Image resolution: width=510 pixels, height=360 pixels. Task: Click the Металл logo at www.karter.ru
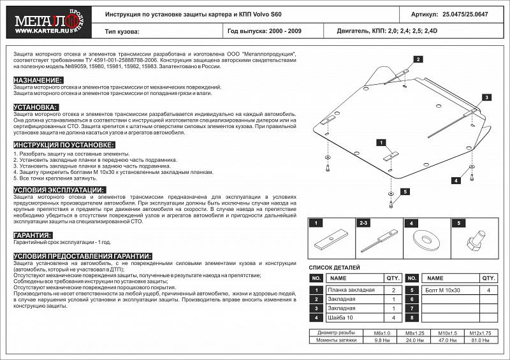click(43, 22)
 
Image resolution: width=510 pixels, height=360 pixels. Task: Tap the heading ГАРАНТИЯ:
click(34, 235)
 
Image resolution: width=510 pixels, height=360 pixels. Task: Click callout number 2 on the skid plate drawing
click(418, 59)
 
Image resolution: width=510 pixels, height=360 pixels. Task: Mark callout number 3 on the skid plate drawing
click(485, 97)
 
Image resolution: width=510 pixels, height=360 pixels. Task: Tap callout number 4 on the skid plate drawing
click(456, 181)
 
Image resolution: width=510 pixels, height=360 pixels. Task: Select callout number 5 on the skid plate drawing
click(404, 191)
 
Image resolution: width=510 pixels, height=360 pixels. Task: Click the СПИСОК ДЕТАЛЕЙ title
click(334, 268)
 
